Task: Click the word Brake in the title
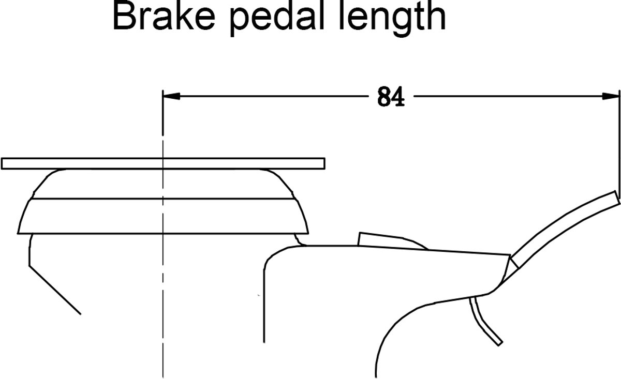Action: pos(164,16)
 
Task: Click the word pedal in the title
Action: pos(277,19)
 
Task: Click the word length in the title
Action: pos(393,19)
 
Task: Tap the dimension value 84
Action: pos(391,97)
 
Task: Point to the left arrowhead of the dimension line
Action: pos(171,96)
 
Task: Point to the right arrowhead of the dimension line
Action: pos(611,96)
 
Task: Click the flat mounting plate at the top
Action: pos(163,163)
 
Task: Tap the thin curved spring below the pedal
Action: pos(482,322)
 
